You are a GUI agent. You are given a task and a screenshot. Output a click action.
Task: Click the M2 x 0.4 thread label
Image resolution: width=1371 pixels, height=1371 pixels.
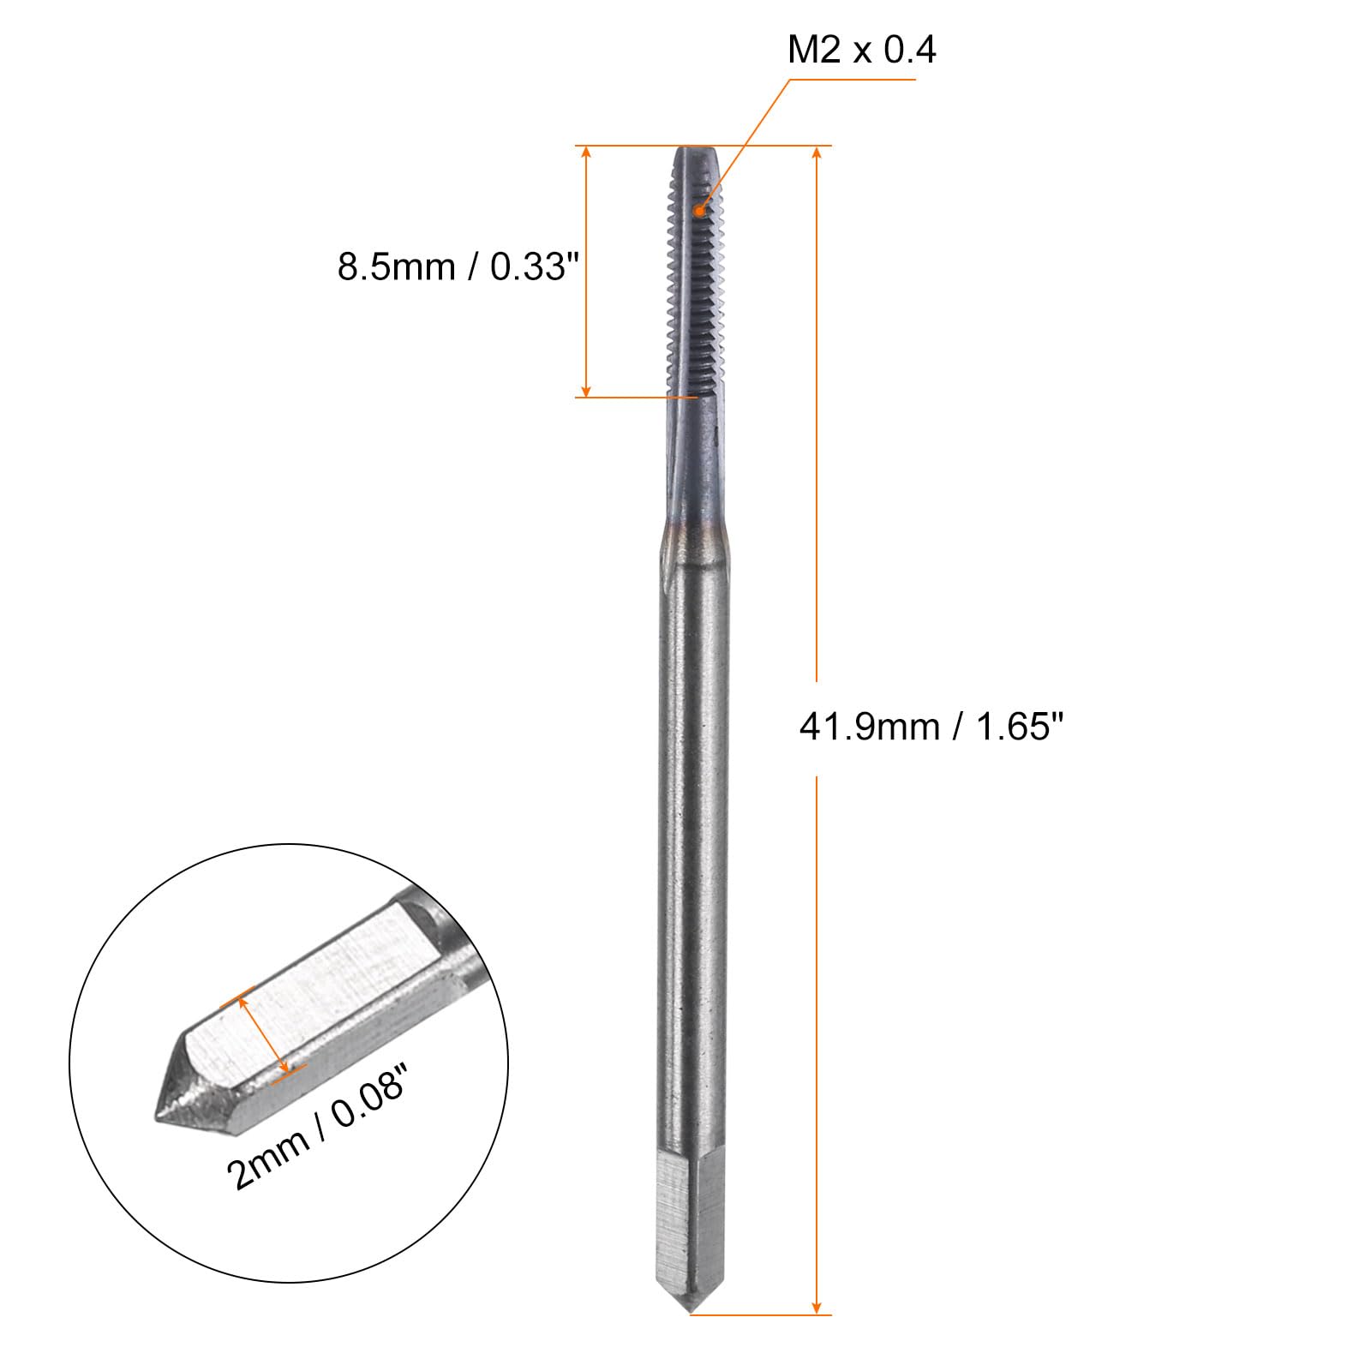[861, 51]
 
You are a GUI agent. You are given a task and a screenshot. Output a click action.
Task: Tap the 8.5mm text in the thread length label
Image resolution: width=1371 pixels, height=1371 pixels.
[396, 267]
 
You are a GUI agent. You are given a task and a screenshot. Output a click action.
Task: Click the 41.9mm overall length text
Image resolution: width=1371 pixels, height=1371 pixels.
[869, 727]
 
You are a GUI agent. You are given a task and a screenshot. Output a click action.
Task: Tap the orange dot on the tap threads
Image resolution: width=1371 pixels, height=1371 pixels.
[701, 209]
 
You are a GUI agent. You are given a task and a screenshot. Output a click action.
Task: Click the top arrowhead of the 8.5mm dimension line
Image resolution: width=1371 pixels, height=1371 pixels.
[586, 153]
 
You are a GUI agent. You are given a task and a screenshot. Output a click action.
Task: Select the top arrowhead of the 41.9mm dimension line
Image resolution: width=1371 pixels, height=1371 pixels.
[817, 153]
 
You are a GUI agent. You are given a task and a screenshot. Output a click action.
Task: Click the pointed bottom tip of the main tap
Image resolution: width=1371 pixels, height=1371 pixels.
[691, 1311]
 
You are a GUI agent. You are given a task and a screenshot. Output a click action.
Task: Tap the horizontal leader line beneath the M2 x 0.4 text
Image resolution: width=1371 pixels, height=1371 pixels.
[853, 81]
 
